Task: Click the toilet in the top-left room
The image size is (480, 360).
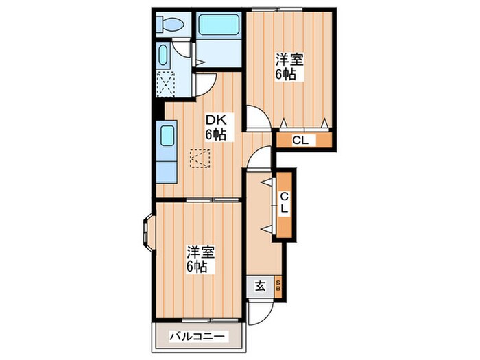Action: pos(169,26)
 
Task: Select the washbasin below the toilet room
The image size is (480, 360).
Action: pos(165,55)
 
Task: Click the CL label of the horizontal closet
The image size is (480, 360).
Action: pos(301,141)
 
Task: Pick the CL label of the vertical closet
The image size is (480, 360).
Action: pos(283,203)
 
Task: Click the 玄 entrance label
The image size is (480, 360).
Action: pos(261,287)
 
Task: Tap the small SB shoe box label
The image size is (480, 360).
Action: pos(278,287)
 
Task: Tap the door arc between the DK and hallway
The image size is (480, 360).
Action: pos(260,159)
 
